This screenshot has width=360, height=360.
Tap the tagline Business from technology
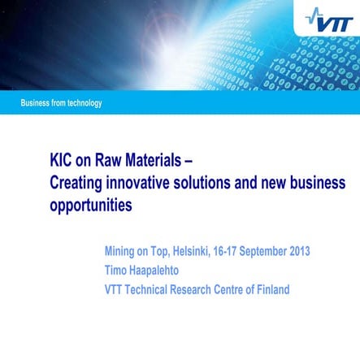[x=62, y=103]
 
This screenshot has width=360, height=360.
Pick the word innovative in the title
[x=147, y=183]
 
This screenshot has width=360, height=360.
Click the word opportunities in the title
[x=92, y=206]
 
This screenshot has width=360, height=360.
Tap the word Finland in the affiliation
[x=269, y=289]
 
